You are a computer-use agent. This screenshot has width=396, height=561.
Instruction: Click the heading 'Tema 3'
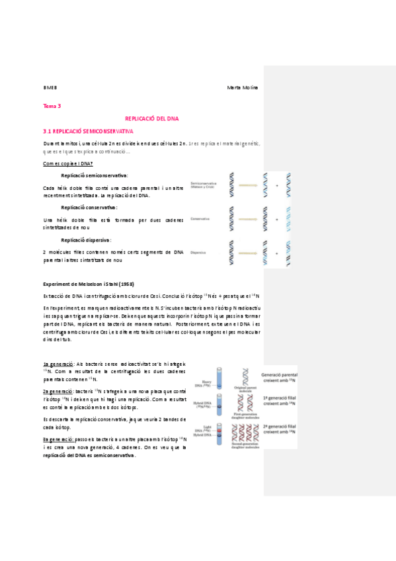coord(52,106)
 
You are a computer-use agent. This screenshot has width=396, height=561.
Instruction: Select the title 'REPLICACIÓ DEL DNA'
coord(152,118)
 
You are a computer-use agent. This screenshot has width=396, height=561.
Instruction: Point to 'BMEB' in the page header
coord(50,87)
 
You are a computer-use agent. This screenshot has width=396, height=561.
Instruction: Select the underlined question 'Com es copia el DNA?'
coord(68,163)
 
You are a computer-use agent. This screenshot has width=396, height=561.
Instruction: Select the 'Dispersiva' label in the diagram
coord(198,253)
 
